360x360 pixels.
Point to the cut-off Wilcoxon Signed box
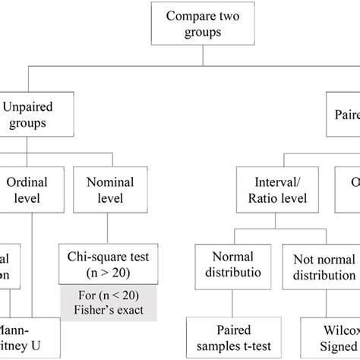point(339,339)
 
